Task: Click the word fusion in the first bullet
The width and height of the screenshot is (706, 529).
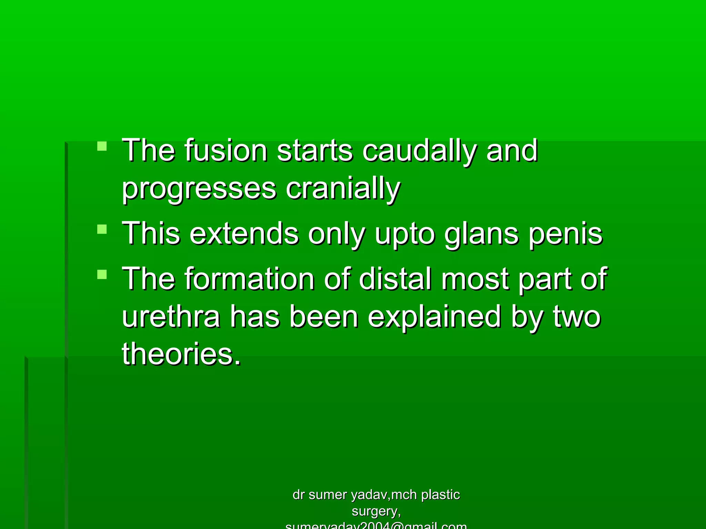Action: point(226,150)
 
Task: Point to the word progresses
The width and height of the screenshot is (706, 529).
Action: point(199,189)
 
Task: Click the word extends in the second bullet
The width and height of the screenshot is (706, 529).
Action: point(244,234)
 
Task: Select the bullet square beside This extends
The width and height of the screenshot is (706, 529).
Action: point(102,229)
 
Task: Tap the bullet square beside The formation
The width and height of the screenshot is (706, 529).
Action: point(102,274)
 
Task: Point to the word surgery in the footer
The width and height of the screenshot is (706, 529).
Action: point(375,512)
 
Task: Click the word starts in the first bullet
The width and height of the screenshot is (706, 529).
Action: point(315,151)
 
